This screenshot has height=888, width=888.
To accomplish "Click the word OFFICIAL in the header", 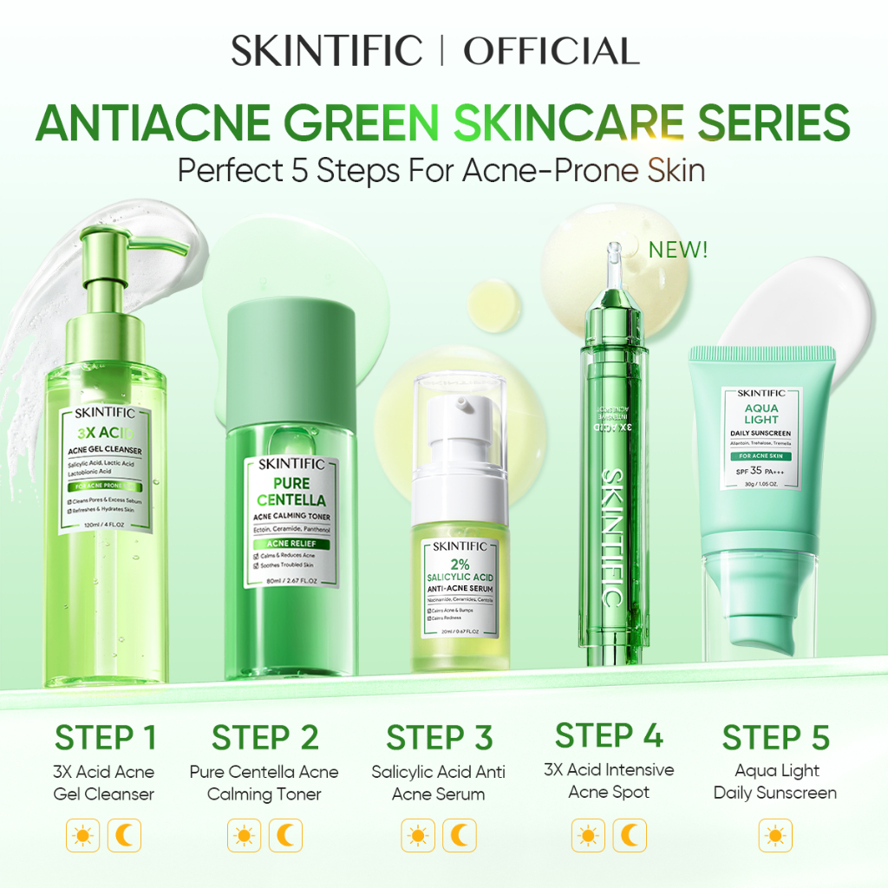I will tap(552, 52).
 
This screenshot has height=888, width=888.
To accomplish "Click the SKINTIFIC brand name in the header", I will tap(327, 52).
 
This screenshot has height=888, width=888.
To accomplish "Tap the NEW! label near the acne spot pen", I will tap(677, 251).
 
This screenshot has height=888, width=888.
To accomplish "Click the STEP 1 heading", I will tap(105, 738).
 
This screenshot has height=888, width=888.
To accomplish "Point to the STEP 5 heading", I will tap(775, 738).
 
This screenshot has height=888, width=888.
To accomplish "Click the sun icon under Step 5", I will tap(775, 836).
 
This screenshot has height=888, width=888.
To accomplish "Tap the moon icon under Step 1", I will tap(124, 836).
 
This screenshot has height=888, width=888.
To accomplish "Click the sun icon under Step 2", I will tap(244, 836).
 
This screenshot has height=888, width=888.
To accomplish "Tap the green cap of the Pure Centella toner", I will tap(291, 347).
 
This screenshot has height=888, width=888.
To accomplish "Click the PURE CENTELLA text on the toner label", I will tap(291, 491).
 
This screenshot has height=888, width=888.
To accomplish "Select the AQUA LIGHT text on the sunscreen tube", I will tap(761, 414).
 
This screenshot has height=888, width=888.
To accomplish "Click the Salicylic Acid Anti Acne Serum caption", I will tap(438, 782).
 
